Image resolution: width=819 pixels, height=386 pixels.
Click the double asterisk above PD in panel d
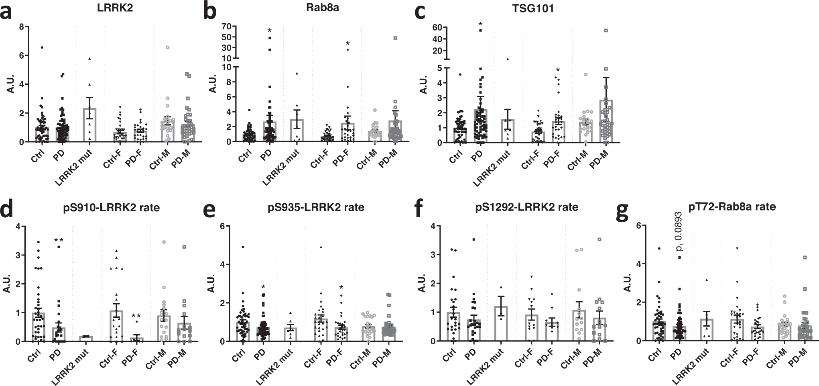59,241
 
